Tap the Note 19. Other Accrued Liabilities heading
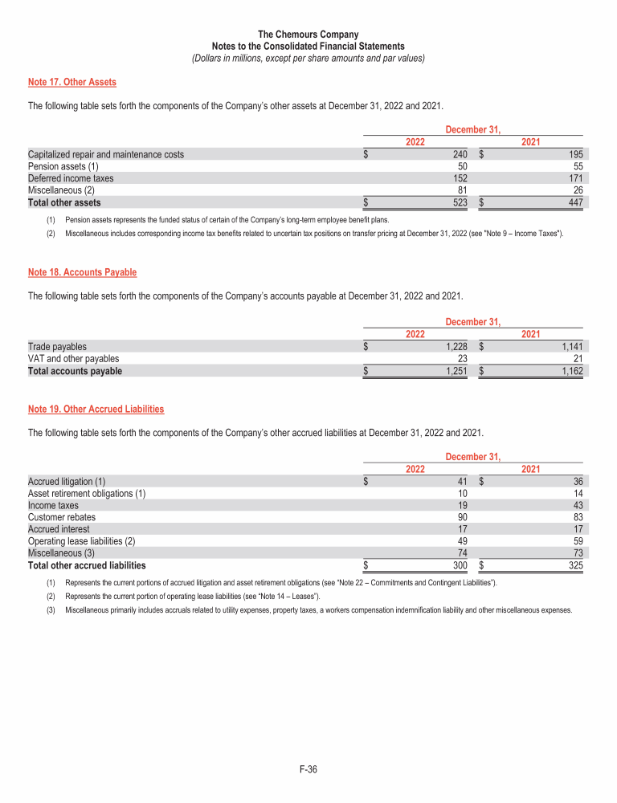[x=96, y=409]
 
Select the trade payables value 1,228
[x=457, y=347]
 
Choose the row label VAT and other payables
[x=74, y=359]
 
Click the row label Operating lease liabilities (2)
[x=81, y=541]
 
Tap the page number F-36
[x=308, y=770]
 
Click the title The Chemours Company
[x=308, y=35]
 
